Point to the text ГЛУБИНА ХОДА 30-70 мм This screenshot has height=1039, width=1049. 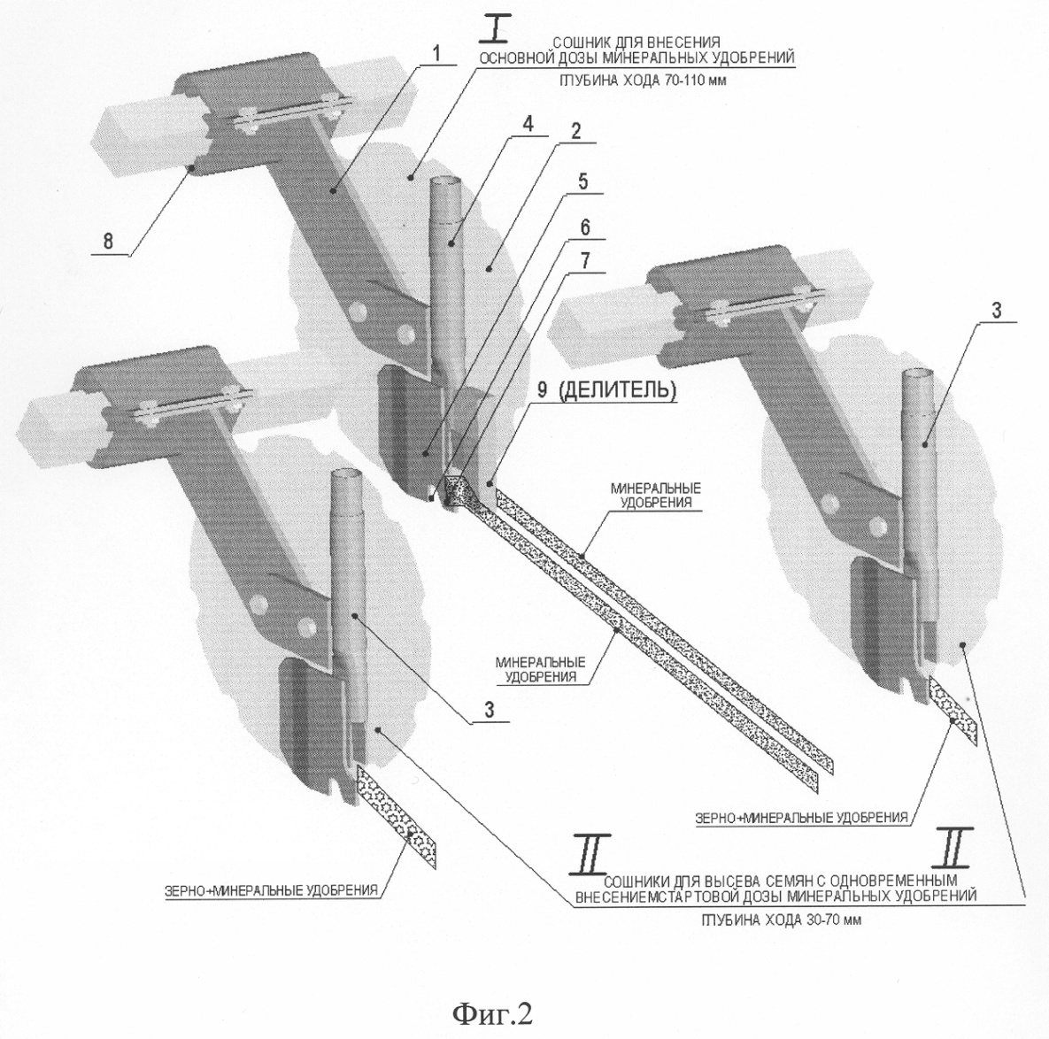pos(781,920)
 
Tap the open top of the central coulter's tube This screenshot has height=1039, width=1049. pos(444,181)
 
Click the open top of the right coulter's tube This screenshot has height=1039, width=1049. pos(915,374)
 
